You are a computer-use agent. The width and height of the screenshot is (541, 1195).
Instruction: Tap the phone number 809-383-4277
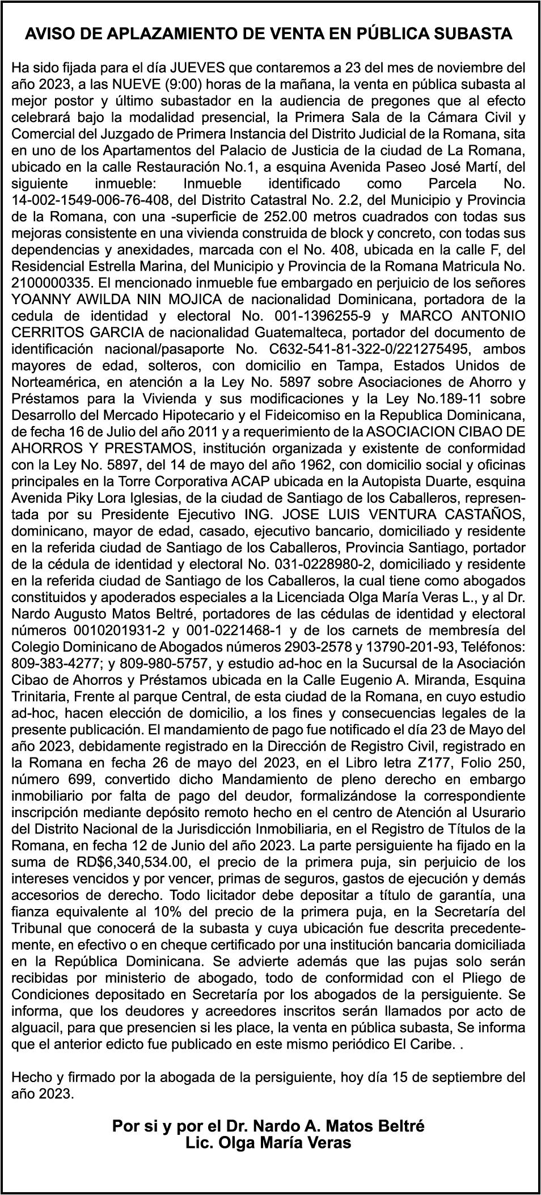(x=49, y=663)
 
